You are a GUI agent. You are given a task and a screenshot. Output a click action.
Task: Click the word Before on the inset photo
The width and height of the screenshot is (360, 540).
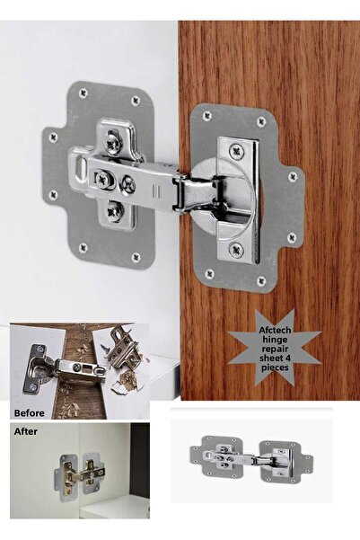click(30, 413)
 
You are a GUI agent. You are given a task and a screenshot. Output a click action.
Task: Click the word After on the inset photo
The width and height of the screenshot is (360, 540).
click(26, 431)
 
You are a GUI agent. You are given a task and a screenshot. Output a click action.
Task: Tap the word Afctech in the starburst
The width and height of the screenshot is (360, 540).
click(275, 331)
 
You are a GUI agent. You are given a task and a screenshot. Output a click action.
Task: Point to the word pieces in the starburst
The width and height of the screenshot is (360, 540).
click(275, 367)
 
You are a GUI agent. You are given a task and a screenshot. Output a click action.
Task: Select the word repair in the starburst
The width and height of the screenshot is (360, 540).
click(275, 349)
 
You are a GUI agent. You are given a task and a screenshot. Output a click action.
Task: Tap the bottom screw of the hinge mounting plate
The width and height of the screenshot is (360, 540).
click(115, 211)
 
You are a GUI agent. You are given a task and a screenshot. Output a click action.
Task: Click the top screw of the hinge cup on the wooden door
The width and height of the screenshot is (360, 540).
click(236, 151)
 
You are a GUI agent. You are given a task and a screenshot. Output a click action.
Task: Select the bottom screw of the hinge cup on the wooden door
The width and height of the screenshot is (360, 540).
click(236, 250)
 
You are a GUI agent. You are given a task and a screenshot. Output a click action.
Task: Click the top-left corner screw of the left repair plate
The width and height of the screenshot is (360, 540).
click(83, 93)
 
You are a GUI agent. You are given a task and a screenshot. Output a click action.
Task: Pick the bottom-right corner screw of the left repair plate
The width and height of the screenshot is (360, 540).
click(136, 257)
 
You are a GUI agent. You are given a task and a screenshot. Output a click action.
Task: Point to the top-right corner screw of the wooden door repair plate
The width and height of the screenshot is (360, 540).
click(261, 121)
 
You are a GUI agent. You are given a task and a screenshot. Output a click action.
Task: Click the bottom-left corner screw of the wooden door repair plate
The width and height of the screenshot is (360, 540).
click(209, 274)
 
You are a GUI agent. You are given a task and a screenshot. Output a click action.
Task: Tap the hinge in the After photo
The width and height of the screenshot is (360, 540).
click(80, 472)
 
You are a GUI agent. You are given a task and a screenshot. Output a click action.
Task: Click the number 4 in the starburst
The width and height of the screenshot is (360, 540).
click(287, 359)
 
